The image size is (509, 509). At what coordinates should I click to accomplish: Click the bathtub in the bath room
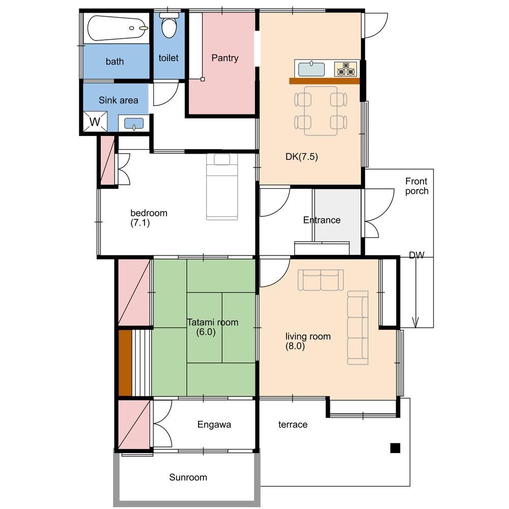(x=117, y=28)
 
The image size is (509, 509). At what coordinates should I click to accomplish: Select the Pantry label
(x=224, y=58)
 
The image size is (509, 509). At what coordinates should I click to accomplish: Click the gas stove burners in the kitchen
(x=346, y=69)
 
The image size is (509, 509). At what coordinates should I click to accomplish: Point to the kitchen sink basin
(x=312, y=69)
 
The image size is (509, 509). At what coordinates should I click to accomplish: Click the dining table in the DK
(x=321, y=110)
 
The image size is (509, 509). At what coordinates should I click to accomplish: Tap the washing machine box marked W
(x=95, y=122)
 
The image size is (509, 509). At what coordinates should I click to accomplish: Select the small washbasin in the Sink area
(x=134, y=123)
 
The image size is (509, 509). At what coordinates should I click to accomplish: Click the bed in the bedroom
(x=222, y=187)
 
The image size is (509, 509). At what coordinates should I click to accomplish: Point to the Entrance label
(x=322, y=220)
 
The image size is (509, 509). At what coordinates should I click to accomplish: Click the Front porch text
(x=416, y=186)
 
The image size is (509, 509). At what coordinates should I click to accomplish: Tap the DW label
(x=416, y=255)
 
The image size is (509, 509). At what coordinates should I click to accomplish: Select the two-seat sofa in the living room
(x=321, y=280)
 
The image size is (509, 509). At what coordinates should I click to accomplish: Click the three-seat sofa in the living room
(x=358, y=328)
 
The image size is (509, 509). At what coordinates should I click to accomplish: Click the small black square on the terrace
(x=395, y=448)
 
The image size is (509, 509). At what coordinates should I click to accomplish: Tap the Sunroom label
(x=188, y=477)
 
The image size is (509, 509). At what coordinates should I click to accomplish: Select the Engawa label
(x=214, y=425)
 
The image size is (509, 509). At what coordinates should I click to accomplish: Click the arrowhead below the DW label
(x=415, y=322)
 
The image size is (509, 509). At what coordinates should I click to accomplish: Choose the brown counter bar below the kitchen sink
(x=325, y=81)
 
